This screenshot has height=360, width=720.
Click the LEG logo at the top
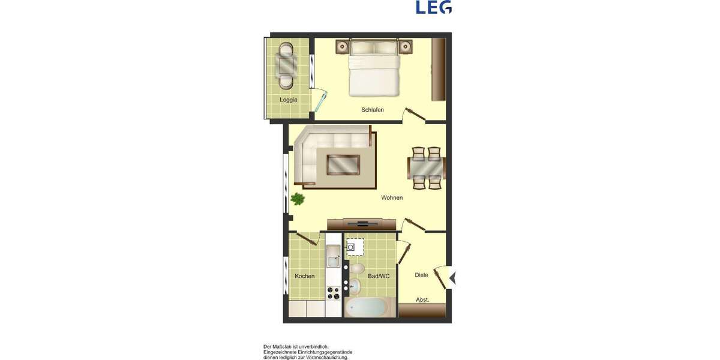tap(434, 7)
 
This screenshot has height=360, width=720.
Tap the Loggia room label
tap(288, 100)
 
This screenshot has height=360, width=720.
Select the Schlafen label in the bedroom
tap(373, 110)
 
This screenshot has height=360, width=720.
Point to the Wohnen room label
tap(392, 197)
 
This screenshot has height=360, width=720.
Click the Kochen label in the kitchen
tap(305, 276)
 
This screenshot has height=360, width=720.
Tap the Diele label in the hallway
tap(421, 275)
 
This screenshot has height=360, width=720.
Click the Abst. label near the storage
tap(422, 299)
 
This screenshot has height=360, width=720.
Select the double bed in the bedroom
tap(374, 69)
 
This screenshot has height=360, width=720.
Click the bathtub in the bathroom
tap(366, 307)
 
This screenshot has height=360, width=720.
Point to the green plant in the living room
tap(297, 199)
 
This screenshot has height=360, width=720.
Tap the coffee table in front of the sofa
tap(343, 164)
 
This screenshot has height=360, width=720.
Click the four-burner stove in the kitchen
tap(333, 293)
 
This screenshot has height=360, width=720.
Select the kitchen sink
tap(333, 259)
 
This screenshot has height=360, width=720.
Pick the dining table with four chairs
tap(427, 168)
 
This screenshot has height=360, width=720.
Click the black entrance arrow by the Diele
tap(453, 278)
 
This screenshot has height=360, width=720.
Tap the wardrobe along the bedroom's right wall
tap(439, 70)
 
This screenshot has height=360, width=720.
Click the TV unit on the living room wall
tap(362, 224)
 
